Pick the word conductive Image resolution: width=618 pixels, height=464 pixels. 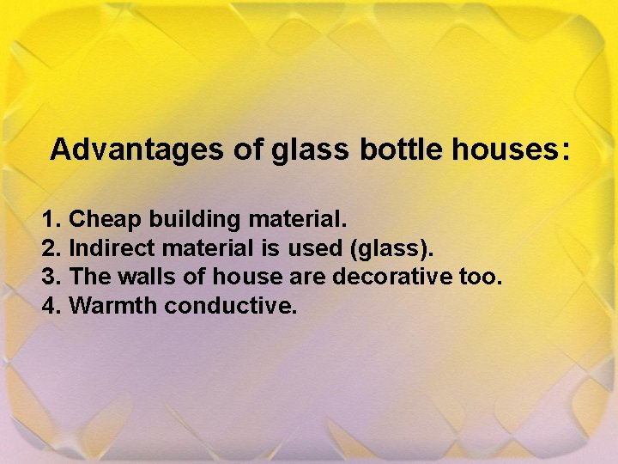pyautogui.click(x=231, y=305)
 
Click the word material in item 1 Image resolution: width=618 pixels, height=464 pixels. pyautogui.click(x=297, y=220)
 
